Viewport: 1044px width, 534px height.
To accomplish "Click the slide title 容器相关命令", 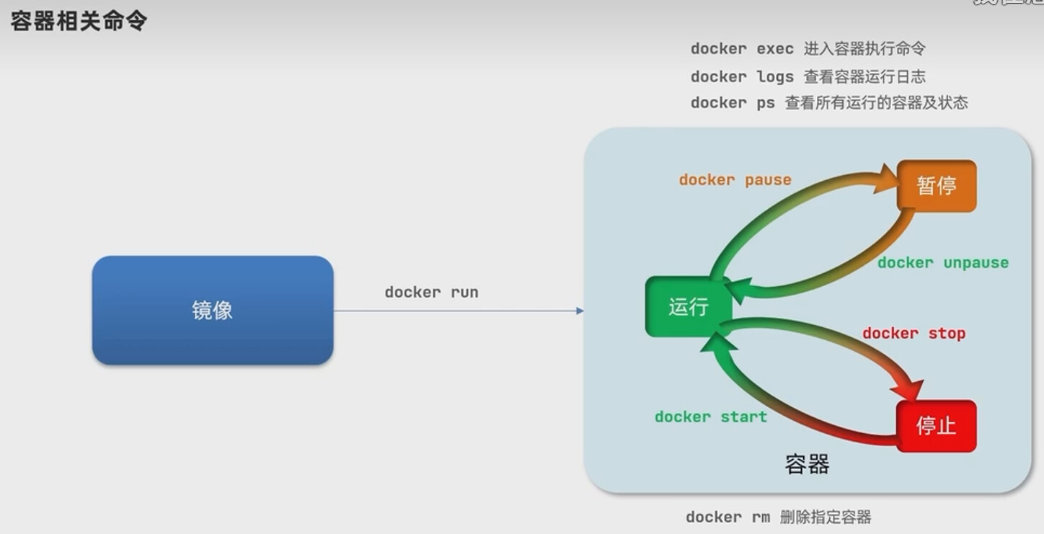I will (x=79, y=20).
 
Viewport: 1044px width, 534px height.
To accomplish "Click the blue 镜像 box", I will (x=213, y=310).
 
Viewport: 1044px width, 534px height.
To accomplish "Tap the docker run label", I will (x=431, y=292).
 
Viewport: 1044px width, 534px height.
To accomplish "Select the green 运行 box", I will (x=689, y=307).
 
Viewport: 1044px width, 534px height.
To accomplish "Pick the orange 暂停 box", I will (x=937, y=186).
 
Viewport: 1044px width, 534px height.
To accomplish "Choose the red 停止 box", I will (x=936, y=425).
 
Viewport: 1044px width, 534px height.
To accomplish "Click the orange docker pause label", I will (x=735, y=179).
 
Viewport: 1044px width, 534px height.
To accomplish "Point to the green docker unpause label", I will (x=942, y=262).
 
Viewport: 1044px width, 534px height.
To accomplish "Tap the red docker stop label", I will (x=913, y=333).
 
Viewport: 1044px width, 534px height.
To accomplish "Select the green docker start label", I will (x=710, y=417).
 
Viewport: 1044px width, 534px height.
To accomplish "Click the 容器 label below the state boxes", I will (x=807, y=463).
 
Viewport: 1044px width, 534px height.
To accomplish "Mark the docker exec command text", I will (x=742, y=49).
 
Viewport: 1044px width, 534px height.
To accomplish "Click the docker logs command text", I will (x=742, y=76).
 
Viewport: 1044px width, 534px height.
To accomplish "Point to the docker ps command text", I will (x=733, y=102).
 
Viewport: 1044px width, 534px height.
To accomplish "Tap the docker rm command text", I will (x=727, y=517).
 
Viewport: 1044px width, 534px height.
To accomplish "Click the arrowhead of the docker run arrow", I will (x=580, y=311).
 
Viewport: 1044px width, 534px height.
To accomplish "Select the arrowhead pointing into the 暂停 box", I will (x=886, y=178).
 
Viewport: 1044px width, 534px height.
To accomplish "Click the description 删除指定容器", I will (x=826, y=517).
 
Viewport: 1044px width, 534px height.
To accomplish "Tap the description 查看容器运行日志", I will (x=864, y=76).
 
